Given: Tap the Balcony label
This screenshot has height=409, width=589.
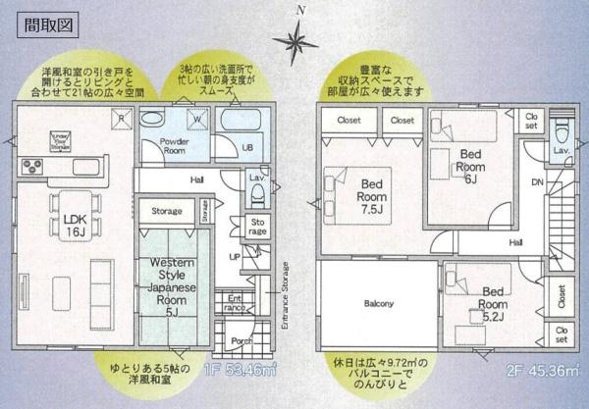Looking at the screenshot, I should tap(379, 303).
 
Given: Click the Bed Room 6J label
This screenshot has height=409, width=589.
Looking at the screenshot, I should tap(470, 167).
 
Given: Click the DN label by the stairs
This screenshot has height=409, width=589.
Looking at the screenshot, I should tap(537, 183).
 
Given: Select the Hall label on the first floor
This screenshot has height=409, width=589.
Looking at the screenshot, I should tap(197, 180).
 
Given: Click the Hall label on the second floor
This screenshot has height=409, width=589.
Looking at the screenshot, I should tap(514, 241).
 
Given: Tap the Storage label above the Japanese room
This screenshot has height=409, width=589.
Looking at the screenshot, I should tap(167, 210).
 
